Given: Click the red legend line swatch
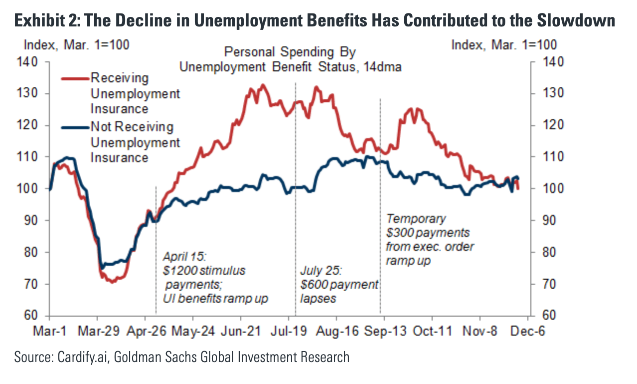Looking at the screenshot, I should (75, 78).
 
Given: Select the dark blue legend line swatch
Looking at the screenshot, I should (75, 127).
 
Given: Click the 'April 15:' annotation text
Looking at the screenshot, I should (184, 257).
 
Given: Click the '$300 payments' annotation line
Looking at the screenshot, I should (428, 233).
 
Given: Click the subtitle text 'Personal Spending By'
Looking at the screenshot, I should (290, 52).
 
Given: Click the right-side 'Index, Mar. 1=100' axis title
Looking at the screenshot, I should (504, 44).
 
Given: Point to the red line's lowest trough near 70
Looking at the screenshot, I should (113, 282).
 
